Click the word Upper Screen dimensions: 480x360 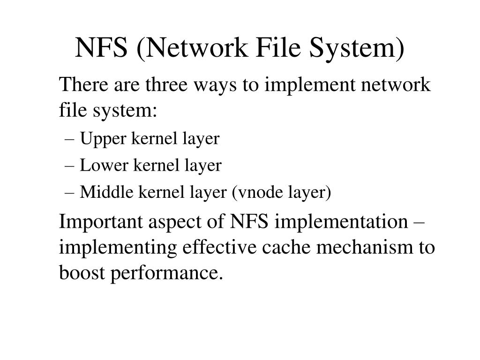pos(99,139)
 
